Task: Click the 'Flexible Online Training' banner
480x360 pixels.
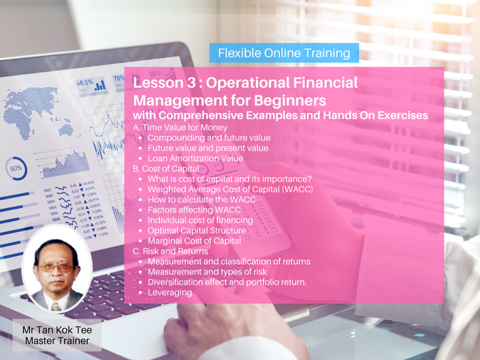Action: [284, 53]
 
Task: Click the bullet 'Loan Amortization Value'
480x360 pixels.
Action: [195, 159]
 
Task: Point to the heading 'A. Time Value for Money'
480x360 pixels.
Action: [180, 127]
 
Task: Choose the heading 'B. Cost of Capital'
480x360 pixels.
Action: [166, 169]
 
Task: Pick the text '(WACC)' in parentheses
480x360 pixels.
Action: [298, 189]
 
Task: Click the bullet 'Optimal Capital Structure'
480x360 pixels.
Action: [197, 230]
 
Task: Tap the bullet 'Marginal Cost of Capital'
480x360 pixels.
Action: [195, 241]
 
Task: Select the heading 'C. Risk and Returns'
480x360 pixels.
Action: [170, 251]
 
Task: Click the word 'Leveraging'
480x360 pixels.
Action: [170, 293]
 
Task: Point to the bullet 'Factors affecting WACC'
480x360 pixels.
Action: [194, 210]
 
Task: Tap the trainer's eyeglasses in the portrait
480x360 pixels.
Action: [57, 267]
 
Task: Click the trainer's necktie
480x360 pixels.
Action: [56, 306]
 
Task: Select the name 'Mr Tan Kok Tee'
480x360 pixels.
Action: [57, 330]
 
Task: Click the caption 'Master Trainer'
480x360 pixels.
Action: [57, 341]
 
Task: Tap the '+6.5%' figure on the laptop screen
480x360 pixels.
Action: [85, 82]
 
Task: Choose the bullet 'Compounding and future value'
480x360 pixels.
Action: [209, 138]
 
